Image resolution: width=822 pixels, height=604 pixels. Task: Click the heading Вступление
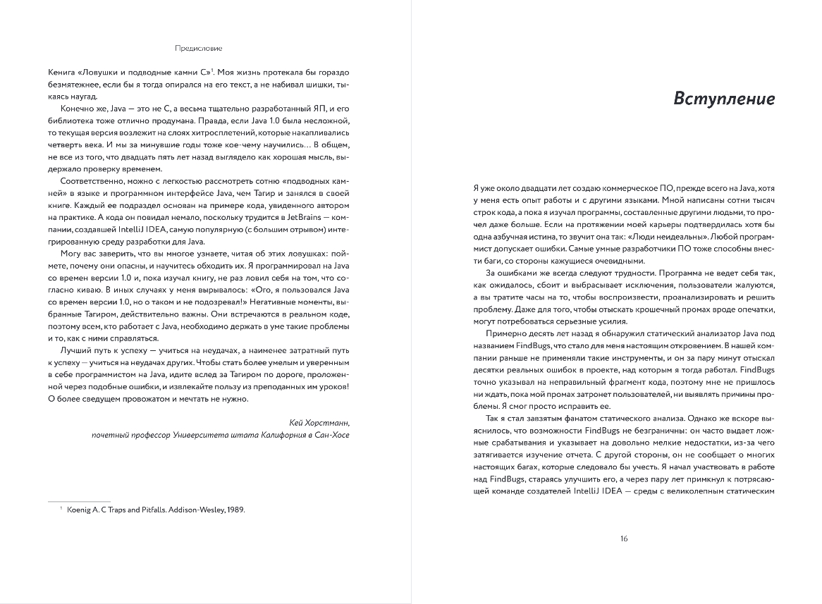pos(724,98)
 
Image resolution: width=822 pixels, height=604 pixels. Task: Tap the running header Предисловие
pos(199,49)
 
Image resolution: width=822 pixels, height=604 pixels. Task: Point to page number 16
pos(623,538)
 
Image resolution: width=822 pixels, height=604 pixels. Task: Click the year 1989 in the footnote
pos(234,509)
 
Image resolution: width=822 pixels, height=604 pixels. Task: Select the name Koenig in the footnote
pos(80,509)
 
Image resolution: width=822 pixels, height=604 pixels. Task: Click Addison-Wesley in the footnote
pos(190,509)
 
